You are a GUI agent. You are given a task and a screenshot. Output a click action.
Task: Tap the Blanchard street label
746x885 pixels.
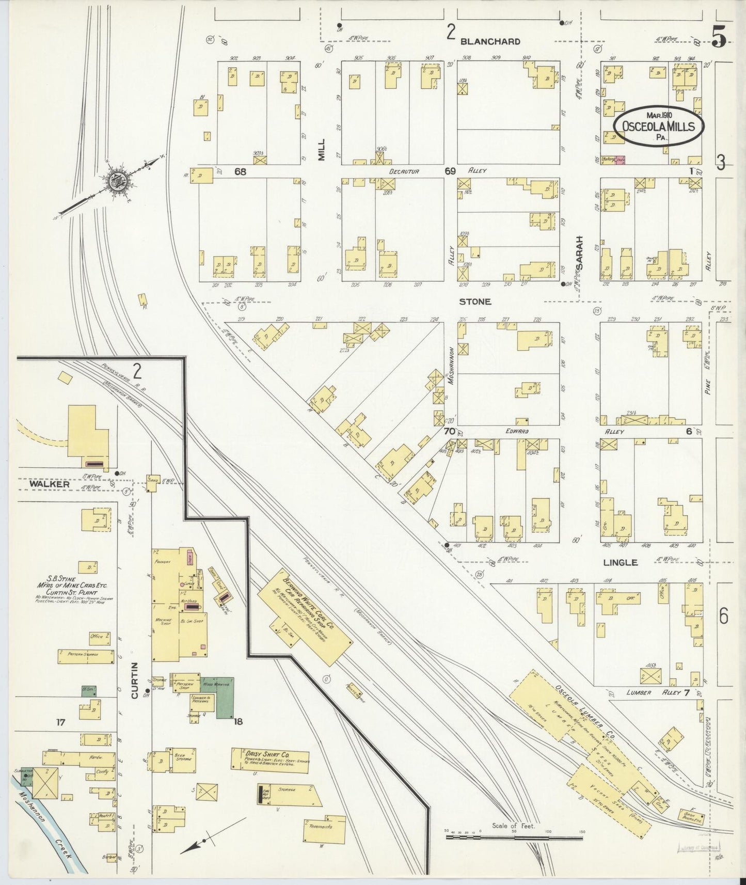click(x=490, y=41)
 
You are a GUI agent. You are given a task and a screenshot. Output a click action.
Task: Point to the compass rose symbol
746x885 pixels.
click(x=114, y=181)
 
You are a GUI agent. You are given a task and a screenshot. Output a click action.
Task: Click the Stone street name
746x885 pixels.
click(x=475, y=302)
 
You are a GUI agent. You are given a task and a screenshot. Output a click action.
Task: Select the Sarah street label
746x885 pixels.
click(x=580, y=253)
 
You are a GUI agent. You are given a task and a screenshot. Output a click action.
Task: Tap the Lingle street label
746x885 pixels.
click(x=621, y=562)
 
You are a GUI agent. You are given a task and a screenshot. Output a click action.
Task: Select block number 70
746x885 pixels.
click(x=449, y=431)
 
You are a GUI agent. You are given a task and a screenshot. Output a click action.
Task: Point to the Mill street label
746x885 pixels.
click(x=322, y=150)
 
